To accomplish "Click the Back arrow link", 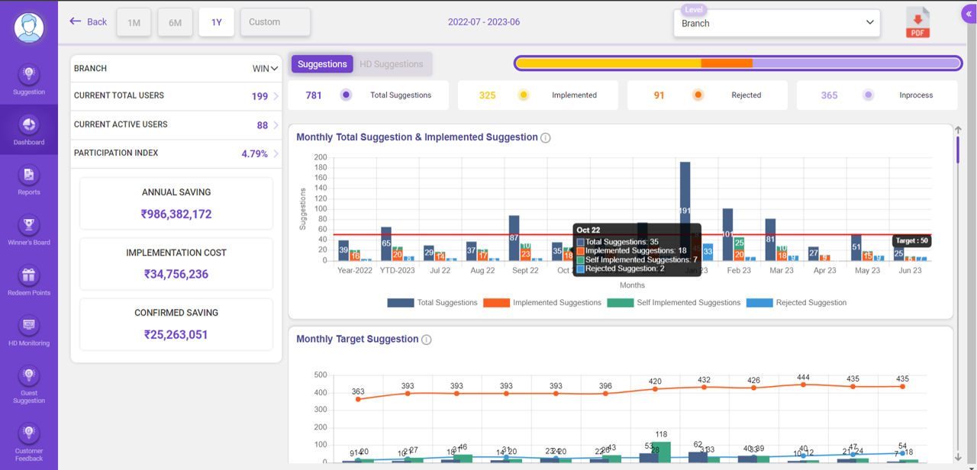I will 88,22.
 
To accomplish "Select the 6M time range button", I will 175,23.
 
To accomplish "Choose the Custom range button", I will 275,22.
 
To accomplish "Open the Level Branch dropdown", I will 776,23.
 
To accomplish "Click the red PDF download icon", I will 917,22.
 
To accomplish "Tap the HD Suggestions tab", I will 391,64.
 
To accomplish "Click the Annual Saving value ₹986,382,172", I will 176,214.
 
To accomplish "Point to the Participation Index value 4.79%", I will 254,153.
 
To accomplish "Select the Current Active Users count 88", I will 262,125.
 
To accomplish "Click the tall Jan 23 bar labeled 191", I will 685,210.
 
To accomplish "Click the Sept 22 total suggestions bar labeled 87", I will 514,238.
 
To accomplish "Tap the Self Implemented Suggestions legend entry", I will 674,303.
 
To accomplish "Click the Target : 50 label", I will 911,240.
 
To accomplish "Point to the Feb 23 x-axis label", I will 738,270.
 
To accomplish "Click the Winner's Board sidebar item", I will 29,231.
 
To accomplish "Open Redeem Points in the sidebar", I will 29,282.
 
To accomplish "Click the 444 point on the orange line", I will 803,385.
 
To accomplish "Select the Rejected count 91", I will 659,95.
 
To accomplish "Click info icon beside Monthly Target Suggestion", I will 427,340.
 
